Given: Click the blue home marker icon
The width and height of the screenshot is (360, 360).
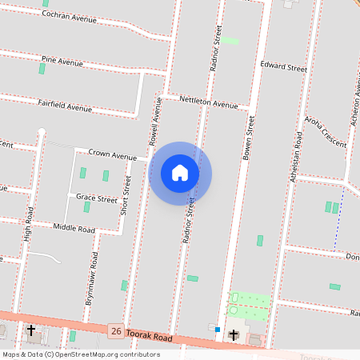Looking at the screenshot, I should [x=180, y=173].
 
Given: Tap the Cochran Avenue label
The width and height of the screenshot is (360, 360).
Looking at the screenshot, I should [x=69, y=17].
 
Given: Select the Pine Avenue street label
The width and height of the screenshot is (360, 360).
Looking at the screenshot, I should [x=62, y=61].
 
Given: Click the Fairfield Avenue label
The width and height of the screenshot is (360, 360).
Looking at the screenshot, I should [x=65, y=105].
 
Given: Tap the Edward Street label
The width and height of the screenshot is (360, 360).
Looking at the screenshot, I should [x=283, y=68].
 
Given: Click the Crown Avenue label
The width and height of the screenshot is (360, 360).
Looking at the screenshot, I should [x=113, y=154].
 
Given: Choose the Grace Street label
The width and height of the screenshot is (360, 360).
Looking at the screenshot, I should [x=96, y=197].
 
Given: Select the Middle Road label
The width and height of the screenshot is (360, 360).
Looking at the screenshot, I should [x=74, y=229].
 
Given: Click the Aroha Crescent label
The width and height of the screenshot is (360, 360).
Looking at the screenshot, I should [x=325, y=132].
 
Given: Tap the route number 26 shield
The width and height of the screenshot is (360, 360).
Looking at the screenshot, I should [x=117, y=330].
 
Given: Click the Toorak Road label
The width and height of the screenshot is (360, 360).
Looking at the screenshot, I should [x=150, y=338].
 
